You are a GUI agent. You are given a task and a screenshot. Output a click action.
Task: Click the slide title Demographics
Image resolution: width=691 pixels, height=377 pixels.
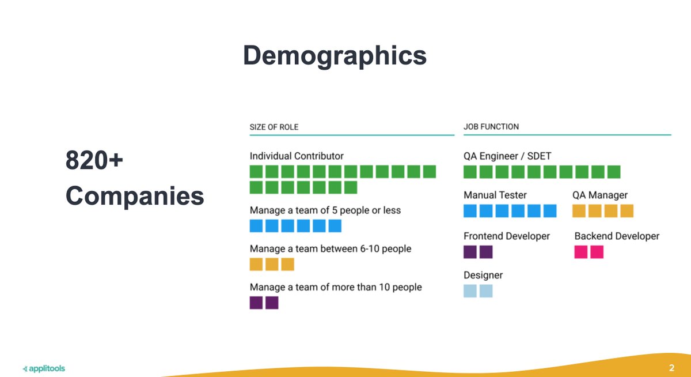335,56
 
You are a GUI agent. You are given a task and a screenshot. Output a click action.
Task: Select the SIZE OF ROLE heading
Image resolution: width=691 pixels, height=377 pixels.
274,127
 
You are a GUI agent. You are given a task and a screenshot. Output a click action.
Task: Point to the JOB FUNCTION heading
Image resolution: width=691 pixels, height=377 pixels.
491,127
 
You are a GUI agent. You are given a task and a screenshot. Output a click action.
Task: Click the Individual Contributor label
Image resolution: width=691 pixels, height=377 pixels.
297,156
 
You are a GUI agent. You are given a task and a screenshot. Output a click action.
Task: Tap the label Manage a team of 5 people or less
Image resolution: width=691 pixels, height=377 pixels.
325,210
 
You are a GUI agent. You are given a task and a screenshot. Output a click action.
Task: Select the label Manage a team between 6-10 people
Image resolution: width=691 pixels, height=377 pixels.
330,249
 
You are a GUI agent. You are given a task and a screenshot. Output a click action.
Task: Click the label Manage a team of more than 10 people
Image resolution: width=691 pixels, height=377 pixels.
336,287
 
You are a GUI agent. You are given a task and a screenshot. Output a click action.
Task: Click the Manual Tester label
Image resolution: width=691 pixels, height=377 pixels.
495,195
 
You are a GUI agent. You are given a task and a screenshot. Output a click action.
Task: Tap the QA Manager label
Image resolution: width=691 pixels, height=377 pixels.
600,195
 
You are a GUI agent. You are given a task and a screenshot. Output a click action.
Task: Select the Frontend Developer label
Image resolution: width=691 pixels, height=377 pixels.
507,236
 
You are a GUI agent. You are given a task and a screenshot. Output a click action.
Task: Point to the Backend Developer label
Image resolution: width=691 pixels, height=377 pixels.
617,236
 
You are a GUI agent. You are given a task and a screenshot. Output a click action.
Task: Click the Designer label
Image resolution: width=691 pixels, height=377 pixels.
483,276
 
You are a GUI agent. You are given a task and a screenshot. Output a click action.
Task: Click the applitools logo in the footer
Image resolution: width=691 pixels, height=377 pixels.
43,368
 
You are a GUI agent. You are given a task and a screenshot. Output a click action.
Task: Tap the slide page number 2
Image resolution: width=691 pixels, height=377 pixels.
671,368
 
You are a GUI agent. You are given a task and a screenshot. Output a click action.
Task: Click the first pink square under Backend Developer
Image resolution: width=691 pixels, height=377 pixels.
581,252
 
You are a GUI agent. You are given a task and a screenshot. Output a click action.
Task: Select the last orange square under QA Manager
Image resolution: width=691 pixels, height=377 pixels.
627,211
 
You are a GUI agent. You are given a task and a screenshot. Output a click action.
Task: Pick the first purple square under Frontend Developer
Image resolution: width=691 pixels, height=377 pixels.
470,252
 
